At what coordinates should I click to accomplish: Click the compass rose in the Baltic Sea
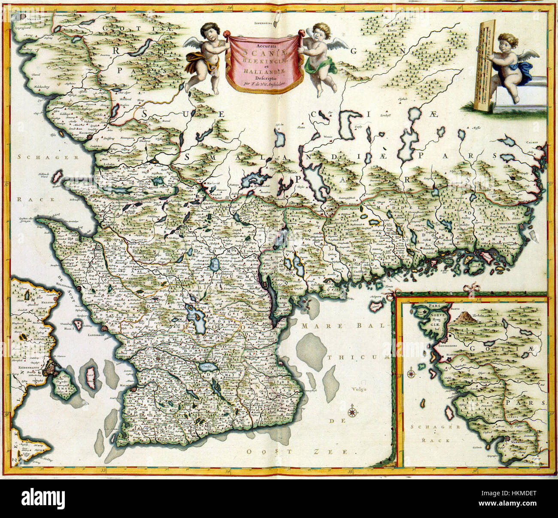point(353,412)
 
